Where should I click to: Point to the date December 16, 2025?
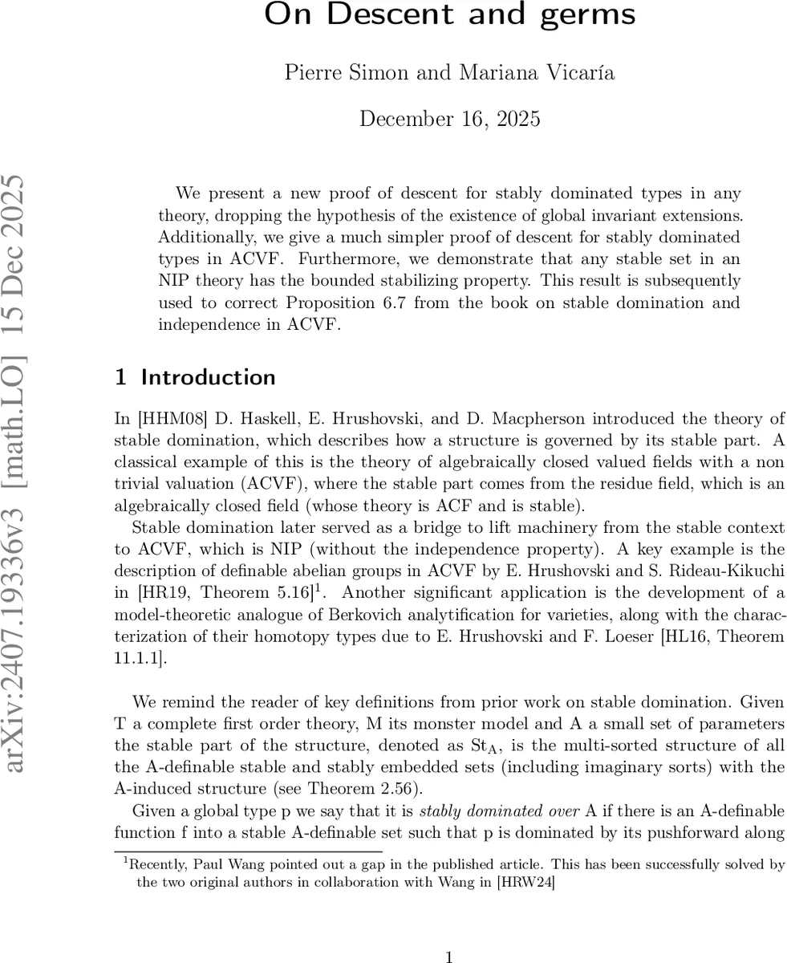point(449,120)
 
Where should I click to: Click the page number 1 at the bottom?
point(449,956)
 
